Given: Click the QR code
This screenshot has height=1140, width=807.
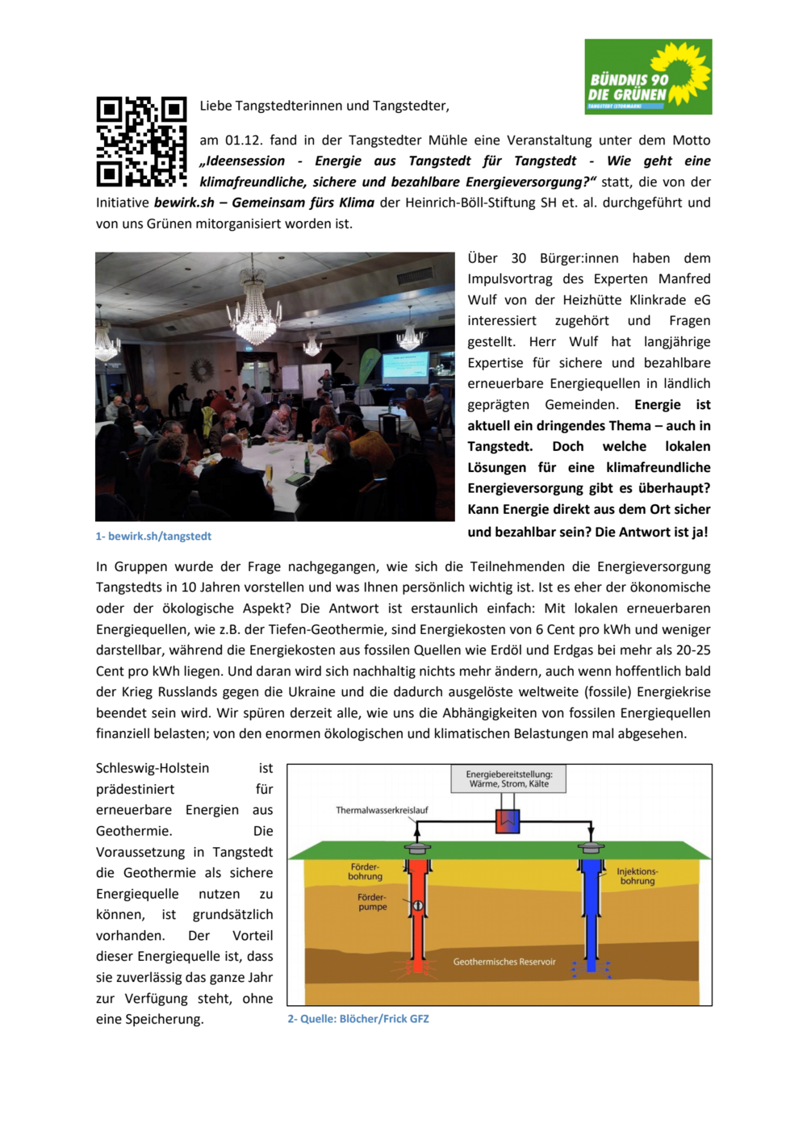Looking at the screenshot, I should click(x=141, y=141).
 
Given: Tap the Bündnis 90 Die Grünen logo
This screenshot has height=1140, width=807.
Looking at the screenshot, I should click(x=648, y=77).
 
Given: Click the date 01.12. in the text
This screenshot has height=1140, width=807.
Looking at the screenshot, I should click(x=244, y=140).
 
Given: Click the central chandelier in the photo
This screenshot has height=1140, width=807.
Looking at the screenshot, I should click(x=255, y=311).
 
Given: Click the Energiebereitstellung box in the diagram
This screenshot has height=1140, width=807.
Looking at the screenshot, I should click(x=508, y=779).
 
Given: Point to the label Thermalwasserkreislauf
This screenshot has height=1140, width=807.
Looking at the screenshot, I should click(x=382, y=810).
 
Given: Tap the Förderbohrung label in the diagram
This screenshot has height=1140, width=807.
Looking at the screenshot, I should click(x=365, y=871).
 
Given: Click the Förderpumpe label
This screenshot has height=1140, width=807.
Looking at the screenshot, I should click(x=372, y=902).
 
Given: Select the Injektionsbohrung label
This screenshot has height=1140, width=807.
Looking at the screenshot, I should click(x=637, y=876).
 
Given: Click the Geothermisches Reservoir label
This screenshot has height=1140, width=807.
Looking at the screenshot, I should click(x=504, y=962).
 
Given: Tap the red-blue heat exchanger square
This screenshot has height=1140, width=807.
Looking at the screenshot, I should click(x=508, y=822).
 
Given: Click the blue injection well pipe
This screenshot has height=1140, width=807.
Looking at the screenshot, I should click(x=592, y=912).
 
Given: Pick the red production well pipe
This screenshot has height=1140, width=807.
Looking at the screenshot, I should click(x=417, y=912).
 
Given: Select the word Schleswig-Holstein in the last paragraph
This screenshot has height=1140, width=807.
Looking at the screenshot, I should click(x=153, y=768).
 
